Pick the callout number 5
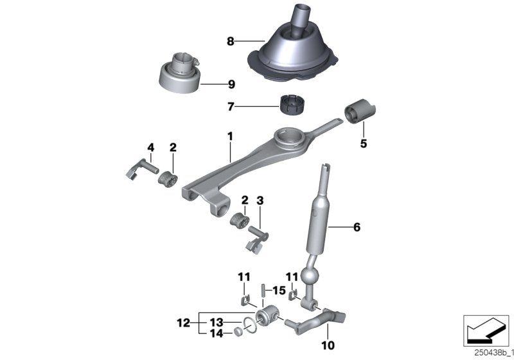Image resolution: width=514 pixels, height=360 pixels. pos(363,144)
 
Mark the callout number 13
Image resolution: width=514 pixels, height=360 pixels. pos(216,323)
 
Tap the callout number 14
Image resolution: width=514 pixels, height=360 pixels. pos(216,334)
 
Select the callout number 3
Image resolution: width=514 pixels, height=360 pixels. pos(260,201)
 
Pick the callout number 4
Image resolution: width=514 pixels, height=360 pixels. pos(150,148)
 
